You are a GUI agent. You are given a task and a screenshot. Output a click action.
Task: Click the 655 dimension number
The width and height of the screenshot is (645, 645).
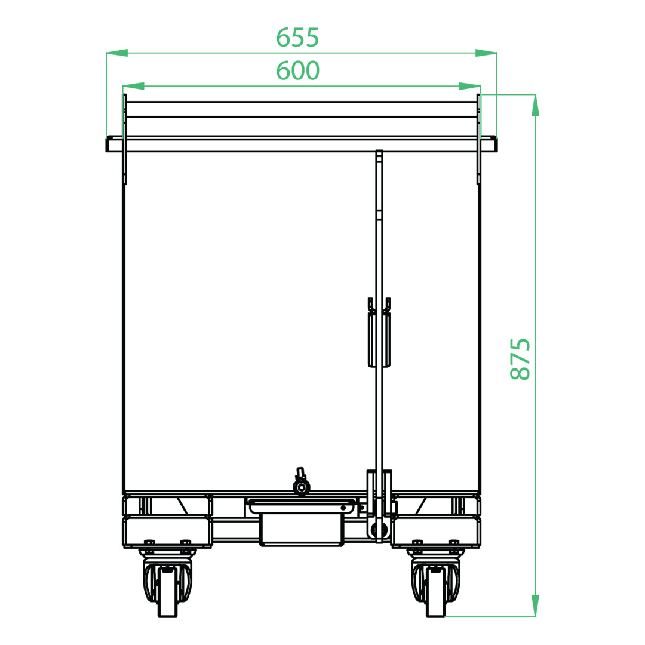[x=297, y=38]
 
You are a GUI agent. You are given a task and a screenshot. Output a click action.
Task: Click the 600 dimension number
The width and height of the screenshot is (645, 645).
[x=297, y=70]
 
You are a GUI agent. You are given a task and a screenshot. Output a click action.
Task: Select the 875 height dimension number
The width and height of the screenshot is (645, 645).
[x=520, y=359]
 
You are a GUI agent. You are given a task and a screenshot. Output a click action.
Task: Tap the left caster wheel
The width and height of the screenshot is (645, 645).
[x=167, y=591]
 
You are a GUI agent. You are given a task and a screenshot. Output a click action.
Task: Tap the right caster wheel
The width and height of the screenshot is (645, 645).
[x=435, y=591]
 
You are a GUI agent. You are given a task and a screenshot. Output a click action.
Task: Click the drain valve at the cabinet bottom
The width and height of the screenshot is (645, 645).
[x=300, y=482]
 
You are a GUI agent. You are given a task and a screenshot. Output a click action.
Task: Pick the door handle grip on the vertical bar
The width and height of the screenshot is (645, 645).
[x=379, y=333]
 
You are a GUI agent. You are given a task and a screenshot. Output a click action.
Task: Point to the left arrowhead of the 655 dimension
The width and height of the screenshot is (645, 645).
[x=117, y=53]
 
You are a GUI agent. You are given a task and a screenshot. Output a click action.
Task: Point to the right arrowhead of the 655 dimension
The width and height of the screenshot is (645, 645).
[x=486, y=53]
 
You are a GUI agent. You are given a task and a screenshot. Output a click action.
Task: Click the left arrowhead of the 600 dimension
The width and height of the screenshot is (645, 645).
[x=133, y=86]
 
